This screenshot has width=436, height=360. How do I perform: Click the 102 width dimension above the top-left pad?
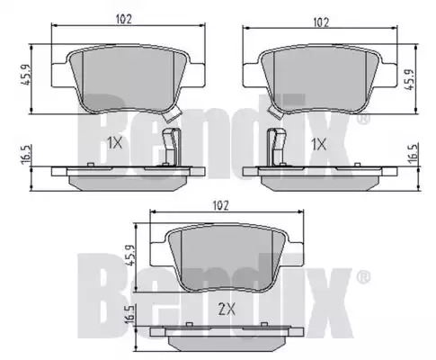[x=124, y=19]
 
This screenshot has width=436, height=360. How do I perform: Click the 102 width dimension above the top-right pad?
[x=321, y=22]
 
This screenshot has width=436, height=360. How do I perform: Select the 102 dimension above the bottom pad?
[x=220, y=205]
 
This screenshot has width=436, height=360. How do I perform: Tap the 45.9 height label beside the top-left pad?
[x=26, y=75]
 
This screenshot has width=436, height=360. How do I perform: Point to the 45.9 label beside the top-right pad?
[x=409, y=79]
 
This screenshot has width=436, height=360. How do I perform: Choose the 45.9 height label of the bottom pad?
[x=131, y=255]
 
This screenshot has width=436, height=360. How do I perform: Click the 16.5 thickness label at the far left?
[x=26, y=154]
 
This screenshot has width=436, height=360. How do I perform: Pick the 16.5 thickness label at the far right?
[x=413, y=154]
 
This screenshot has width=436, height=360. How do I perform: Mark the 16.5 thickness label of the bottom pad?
[x=129, y=314]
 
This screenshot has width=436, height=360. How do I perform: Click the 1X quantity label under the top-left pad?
[x=115, y=144]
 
